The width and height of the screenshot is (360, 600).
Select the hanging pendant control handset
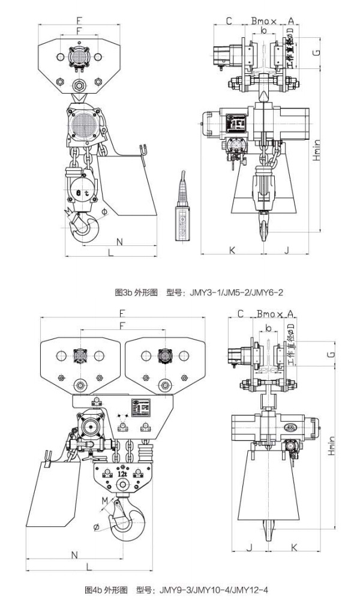coord(179,214)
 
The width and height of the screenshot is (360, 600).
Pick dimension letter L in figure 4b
coord(88,566)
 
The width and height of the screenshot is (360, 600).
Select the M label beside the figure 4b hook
coord(106,500)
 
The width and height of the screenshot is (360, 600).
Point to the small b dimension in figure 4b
coord(268,328)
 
